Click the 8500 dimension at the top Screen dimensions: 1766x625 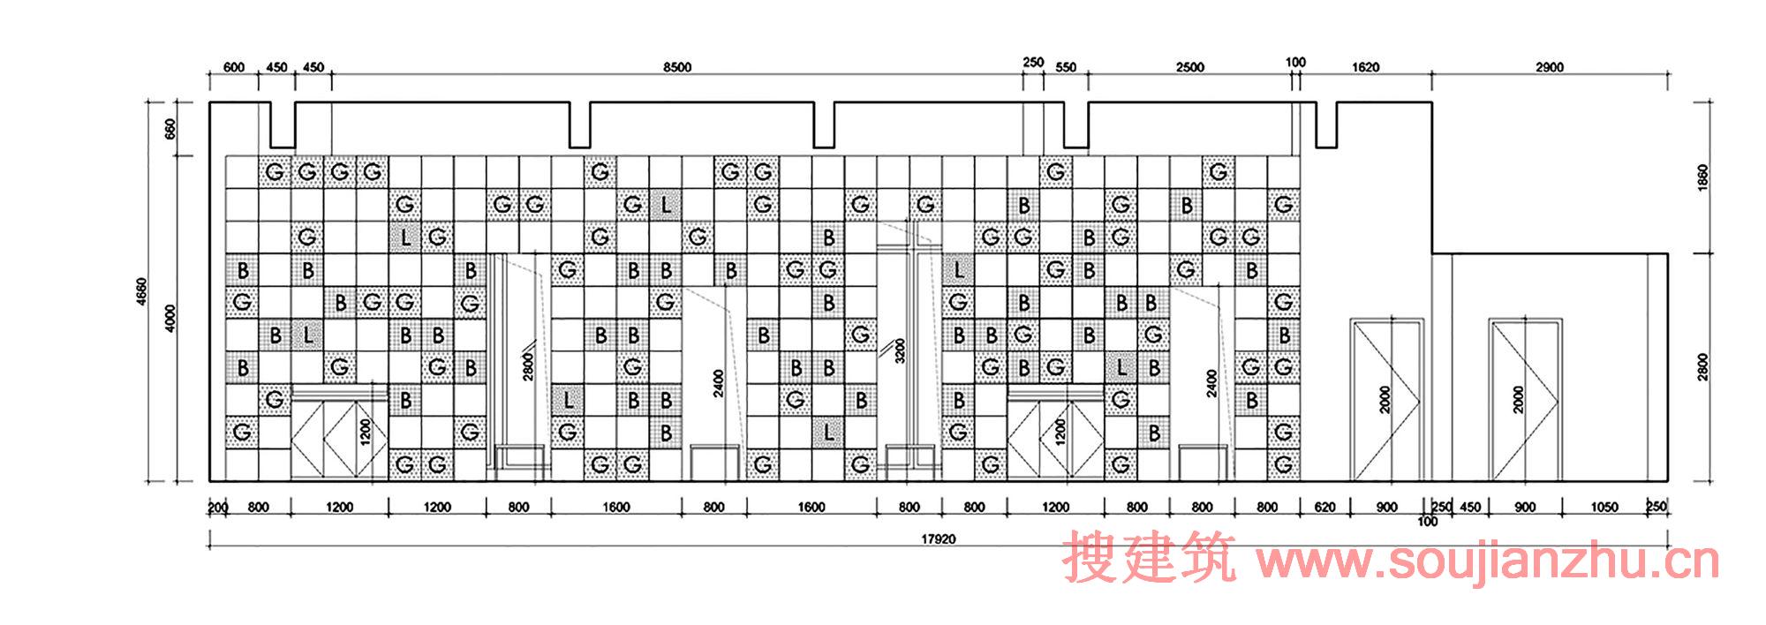coord(677,67)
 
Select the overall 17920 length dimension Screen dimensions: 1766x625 coord(937,538)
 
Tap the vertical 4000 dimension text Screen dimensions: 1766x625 coord(171,319)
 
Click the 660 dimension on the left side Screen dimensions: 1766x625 coord(171,130)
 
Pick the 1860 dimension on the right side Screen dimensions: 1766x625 coord(1703,177)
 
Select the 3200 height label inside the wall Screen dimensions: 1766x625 coord(900,352)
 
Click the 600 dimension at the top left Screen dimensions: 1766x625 coord(234,67)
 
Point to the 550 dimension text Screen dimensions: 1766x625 coord(1066,67)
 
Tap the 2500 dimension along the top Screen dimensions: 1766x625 coord(1189,67)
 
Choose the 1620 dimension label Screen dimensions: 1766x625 coord(1365,67)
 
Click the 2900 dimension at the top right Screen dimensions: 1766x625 coord(1550,67)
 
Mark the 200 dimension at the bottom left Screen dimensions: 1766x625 coord(217,507)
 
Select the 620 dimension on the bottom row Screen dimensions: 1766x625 coord(1324,507)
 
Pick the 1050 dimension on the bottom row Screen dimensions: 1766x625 coord(1604,507)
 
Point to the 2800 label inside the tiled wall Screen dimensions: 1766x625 coord(528,366)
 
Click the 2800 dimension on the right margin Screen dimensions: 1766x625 coord(1703,367)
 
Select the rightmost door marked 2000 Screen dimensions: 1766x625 coord(1525,401)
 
